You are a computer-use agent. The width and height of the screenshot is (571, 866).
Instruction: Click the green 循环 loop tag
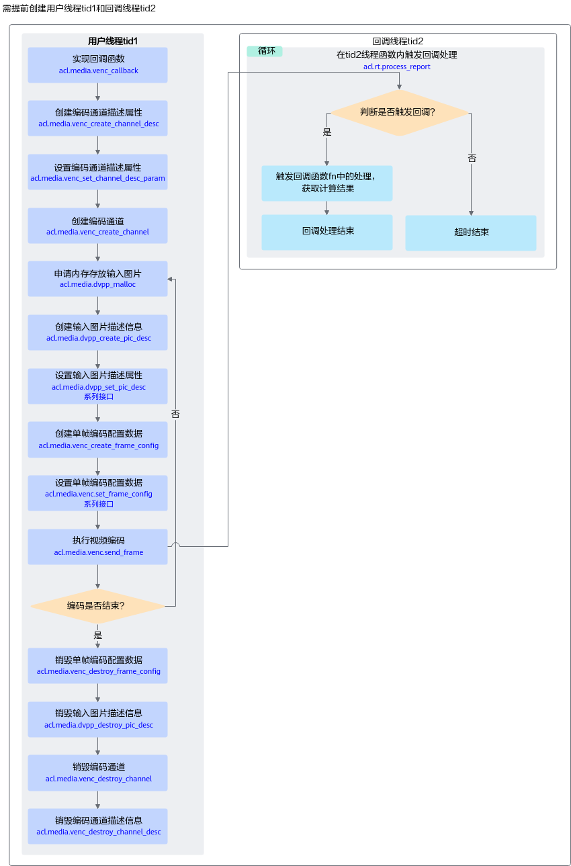coord(265,51)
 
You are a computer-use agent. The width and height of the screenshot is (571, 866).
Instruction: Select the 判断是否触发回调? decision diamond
coord(399,112)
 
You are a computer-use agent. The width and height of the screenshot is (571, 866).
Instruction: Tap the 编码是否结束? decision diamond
coord(97,606)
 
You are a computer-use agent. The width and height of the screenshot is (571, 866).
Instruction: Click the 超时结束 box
coord(471,232)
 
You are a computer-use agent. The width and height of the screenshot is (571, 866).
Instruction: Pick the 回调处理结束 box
coord(327,232)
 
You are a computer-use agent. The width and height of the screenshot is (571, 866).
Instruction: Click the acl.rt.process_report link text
coord(396,67)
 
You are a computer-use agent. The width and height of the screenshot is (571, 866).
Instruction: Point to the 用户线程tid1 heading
coord(112,41)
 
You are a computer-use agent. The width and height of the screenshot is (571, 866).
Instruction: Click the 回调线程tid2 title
coord(398,41)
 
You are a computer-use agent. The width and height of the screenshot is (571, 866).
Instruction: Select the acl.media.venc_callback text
coord(98,71)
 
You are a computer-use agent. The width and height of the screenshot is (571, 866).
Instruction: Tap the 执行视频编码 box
coord(98,547)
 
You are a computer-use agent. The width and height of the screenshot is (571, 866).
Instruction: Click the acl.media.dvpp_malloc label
coord(97,285)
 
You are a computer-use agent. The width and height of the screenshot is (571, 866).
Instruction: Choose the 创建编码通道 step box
coord(98,226)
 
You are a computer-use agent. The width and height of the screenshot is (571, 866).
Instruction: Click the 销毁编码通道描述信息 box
coord(98,826)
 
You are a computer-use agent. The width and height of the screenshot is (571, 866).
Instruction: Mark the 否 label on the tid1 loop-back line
coord(175,414)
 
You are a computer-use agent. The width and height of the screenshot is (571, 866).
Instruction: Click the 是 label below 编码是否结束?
coord(98,635)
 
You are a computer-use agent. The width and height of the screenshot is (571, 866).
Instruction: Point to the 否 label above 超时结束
coord(472,158)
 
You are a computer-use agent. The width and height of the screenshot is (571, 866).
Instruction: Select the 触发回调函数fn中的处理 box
coord(327,183)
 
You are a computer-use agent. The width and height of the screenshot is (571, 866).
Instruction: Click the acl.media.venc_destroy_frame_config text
coord(98,671)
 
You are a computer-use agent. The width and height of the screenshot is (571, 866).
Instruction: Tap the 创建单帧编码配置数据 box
coord(98,439)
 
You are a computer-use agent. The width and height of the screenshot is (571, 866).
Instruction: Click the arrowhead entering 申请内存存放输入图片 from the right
coord(170,279)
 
